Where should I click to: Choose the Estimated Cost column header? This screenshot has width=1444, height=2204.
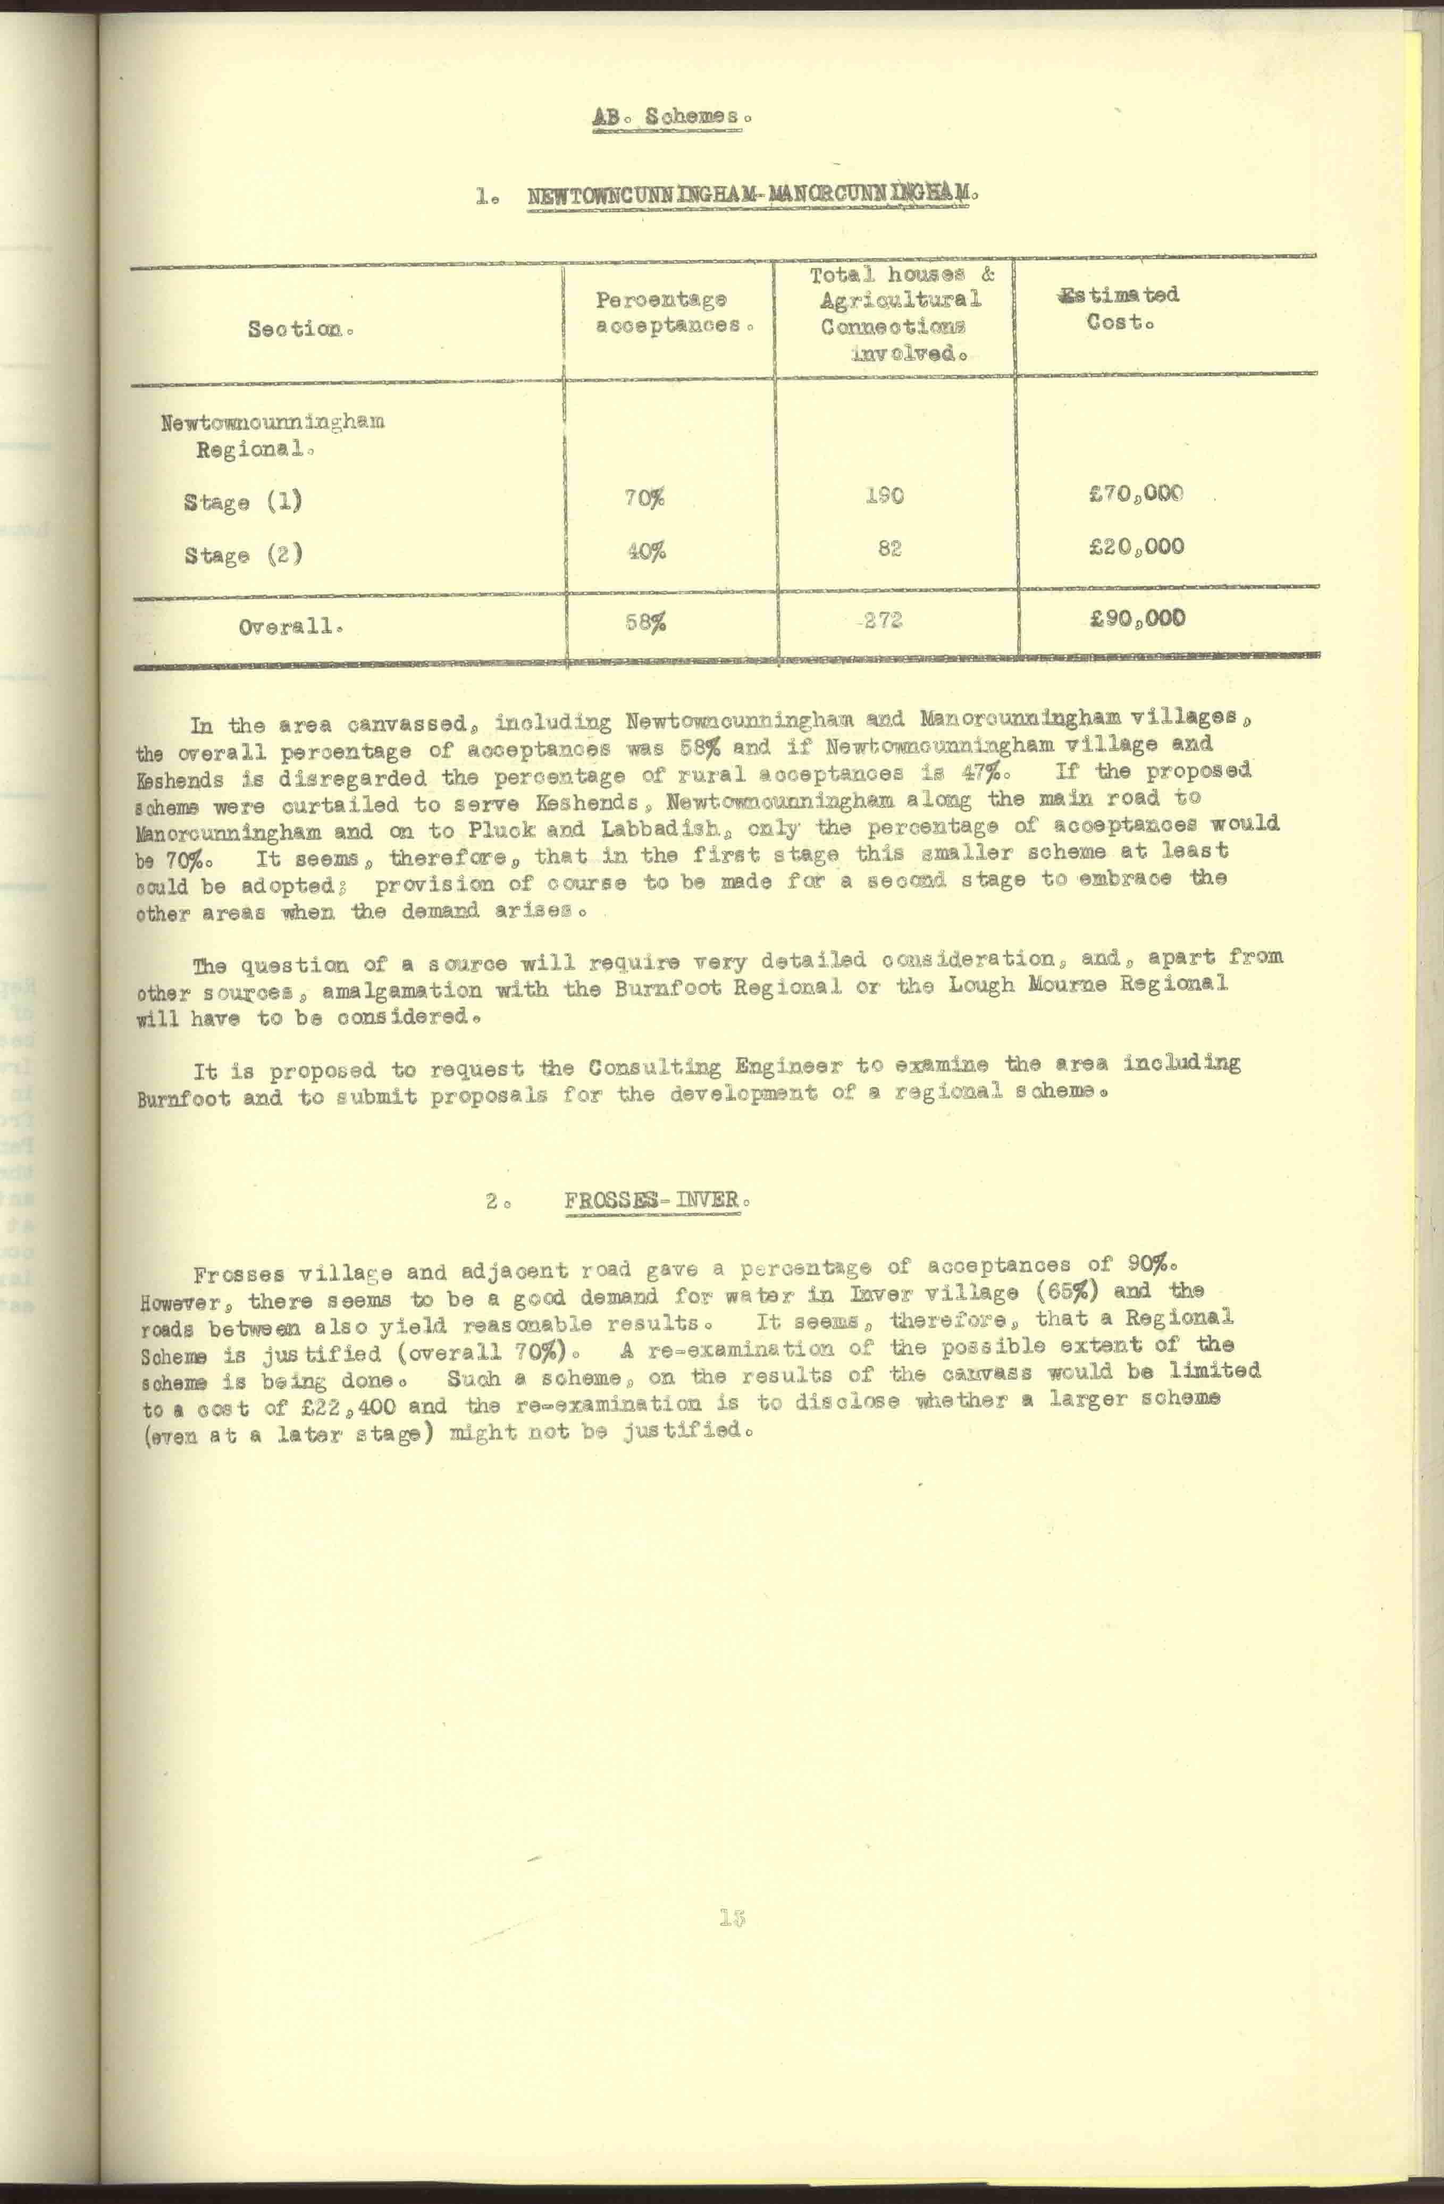[1121, 308]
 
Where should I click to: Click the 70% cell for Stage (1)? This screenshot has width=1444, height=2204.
[645, 498]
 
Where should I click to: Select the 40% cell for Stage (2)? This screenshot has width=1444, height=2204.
[645, 551]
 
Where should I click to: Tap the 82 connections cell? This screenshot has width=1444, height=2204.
[889, 548]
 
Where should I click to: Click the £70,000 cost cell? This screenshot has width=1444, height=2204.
[1137, 493]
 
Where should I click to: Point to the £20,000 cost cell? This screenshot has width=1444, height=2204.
[1137, 546]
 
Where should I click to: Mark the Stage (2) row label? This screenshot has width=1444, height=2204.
[242, 556]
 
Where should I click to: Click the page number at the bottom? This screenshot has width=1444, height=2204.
[732, 1918]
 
